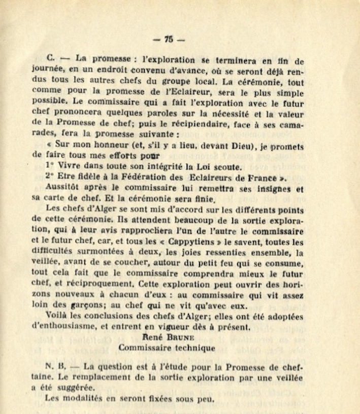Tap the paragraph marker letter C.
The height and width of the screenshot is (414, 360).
coord(48,59)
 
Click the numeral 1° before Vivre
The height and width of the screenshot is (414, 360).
coord(49,166)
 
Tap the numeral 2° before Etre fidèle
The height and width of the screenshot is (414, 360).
coord(49,177)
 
